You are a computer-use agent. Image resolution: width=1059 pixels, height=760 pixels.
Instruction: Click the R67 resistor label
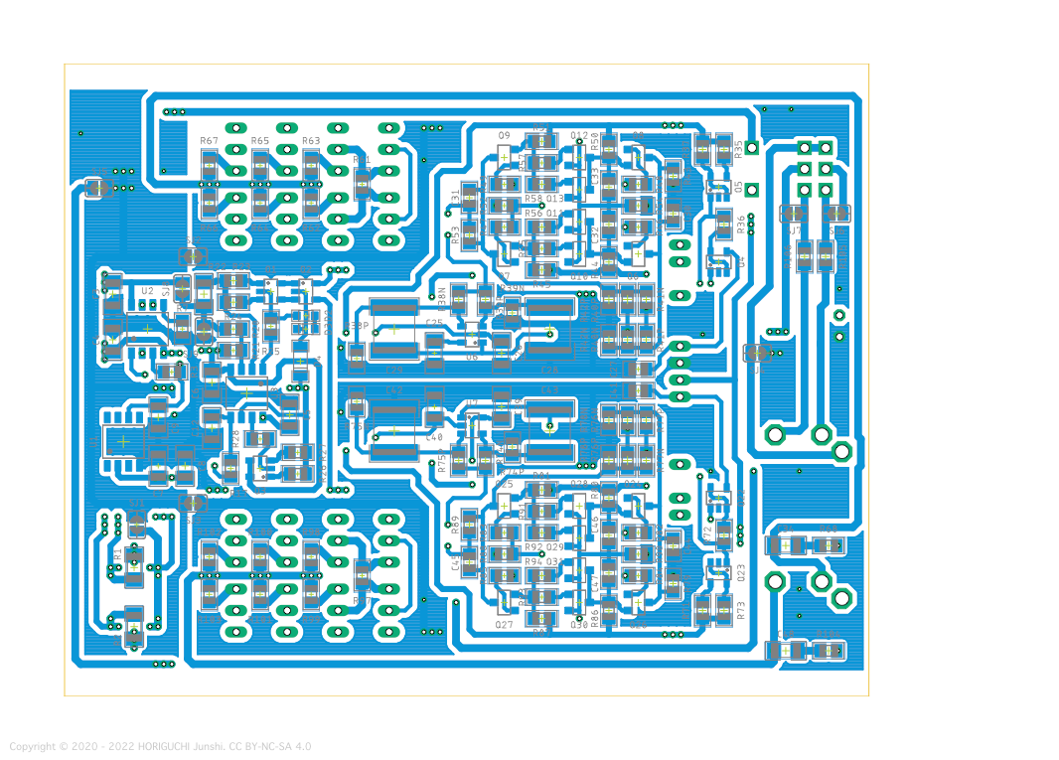coord(209,141)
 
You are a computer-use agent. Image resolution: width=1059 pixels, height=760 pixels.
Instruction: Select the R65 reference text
coord(260,141)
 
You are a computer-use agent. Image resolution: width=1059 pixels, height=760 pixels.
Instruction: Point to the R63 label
coord(311,141)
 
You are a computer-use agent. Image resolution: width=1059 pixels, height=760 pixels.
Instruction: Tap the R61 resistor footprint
coord(362,183)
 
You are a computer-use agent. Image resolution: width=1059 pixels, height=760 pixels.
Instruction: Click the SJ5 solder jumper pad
coord(193,255)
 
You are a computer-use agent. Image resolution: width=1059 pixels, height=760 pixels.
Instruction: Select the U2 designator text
coord(147,291)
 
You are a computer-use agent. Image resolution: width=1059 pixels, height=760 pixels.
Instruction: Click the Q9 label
coord(504,135)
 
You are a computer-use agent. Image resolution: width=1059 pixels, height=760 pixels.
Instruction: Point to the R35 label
coord(739,149)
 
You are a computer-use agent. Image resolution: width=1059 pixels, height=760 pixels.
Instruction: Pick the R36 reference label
coord(740,225)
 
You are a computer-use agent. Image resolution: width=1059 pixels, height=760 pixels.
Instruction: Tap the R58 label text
coord(533,199)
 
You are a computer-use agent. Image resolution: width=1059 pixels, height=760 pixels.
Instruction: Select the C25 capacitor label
coord(434,323)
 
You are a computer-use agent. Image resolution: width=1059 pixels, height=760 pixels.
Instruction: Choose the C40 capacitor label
coord(434,437)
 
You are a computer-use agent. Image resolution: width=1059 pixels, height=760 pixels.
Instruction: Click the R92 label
coord(533,547)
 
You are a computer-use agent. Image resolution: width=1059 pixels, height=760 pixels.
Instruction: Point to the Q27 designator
coord(504,625)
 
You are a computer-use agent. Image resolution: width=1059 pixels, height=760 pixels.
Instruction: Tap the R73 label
coord(740,610)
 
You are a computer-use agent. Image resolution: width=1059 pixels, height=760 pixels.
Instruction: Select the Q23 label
coord(740,572)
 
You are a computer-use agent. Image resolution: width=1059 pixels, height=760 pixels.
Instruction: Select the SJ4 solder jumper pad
coord(193,504)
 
